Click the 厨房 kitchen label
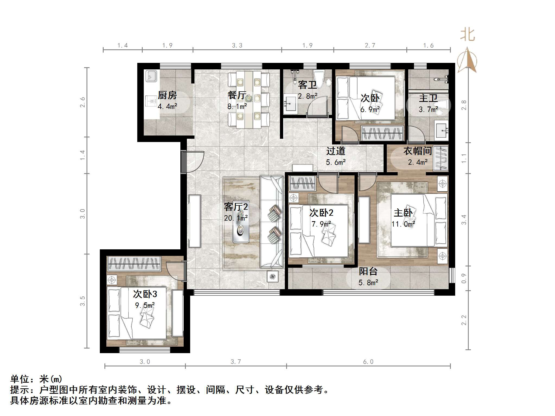pos(167,95)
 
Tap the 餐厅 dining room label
pos(237,95)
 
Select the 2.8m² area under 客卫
pos(307,96)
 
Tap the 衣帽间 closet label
pos(417,151)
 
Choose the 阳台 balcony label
pos(368,271)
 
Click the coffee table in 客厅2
pos(241,233)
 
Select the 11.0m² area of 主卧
pos(403,224)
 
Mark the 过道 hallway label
pos(336,151)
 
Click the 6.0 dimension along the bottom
pos(368,362)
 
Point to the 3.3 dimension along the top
pos(237,46)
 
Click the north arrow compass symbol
pos(467,60)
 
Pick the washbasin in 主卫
pos(441,131)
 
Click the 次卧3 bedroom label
pos(145,294)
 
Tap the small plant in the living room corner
pos(272,276)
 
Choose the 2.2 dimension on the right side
pos(464,320)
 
